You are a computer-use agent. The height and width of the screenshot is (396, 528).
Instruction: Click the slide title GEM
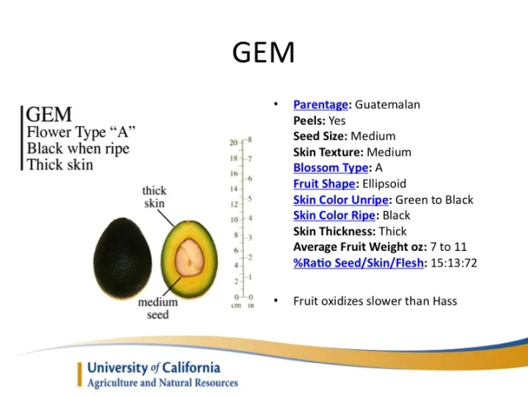click(263, 52)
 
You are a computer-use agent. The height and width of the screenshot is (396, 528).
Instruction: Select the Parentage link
click(321, 105)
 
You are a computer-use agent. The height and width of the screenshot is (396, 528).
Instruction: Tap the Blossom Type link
click(330, 167)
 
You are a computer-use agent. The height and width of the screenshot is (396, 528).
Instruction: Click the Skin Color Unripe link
click(342, 200)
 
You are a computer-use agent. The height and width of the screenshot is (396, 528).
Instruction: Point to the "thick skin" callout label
click(154, 197)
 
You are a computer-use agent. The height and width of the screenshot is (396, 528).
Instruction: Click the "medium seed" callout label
click(158, 308)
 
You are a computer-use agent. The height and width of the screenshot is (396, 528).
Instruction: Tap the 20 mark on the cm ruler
click(234, 143)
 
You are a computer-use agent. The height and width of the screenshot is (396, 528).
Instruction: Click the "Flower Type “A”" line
click(81, 132)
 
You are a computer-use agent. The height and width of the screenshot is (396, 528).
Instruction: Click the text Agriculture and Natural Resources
click(163, 383)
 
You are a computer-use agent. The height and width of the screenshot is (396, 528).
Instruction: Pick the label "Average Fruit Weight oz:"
click(358, 247)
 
